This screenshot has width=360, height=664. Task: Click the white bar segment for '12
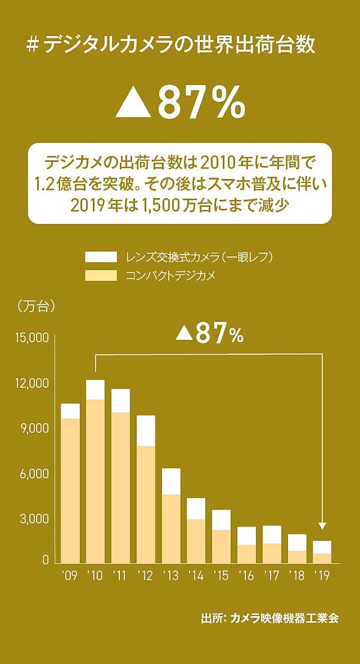[x=146, y=430]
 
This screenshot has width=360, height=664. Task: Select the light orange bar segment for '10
[x=95, y=480]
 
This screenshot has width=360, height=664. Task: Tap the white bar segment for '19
[x=322, y=547]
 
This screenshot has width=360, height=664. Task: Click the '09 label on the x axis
[x=70, y=577]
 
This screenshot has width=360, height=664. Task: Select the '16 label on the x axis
[x=247, y=577]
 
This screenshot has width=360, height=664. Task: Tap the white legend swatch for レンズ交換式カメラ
[x=100, y=257]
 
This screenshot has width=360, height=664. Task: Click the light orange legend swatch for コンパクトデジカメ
[x=100, y=276]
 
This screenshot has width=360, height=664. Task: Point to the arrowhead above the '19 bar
[x=322, y=525]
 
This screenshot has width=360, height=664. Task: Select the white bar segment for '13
[x=171, y=481]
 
